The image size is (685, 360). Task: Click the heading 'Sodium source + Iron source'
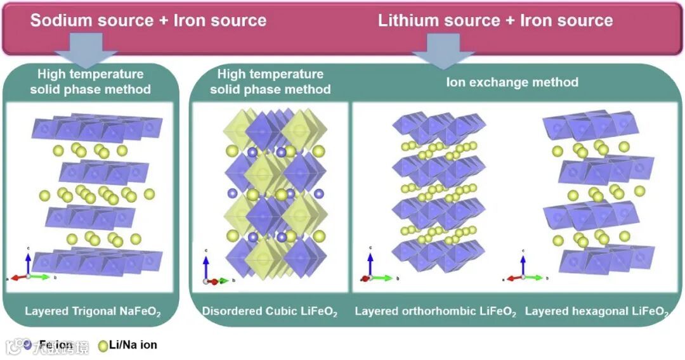tap(148, 20)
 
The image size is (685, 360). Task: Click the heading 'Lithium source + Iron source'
tap(495, 20)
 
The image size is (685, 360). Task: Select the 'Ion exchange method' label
tap(512, 82)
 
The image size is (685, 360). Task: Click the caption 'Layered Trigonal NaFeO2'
tap(93, 312)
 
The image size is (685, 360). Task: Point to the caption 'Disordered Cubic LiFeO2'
tap(270, 312)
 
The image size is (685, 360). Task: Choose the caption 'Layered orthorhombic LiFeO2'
tap(435, 312)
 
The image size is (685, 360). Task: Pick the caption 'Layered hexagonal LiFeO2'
tap(597, 312)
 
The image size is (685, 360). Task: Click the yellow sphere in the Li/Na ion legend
tap(103, 345)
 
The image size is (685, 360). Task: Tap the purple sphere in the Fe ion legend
tap(27, 345)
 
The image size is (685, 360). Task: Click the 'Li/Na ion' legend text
tap(133, 345)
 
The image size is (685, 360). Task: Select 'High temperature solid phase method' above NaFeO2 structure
tap(90, 82)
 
